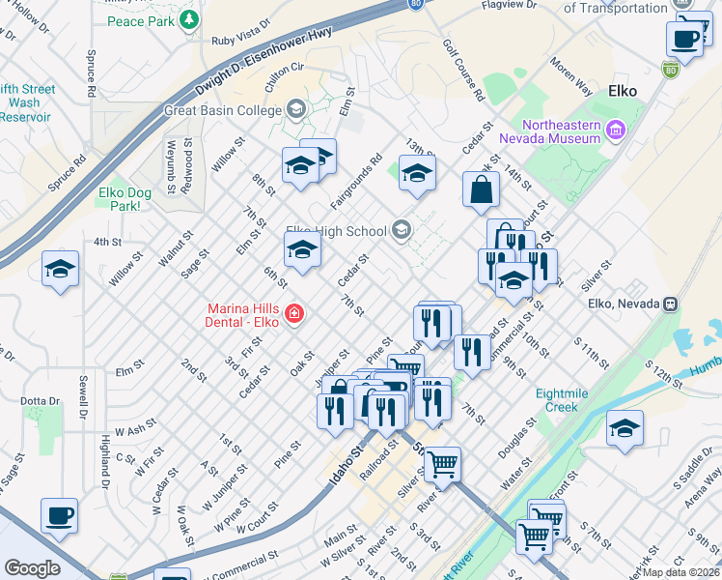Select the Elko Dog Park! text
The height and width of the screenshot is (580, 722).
[x=125, y=198]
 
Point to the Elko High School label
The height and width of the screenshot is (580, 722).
[x=336, y=231]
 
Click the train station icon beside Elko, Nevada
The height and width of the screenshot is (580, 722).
[x=670, y=303]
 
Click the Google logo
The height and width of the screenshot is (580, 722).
[x=32, y=568]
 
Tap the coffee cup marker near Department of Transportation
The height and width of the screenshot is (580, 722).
[x=684, y=40]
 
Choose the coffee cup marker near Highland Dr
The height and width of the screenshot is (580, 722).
[x=59, y=515]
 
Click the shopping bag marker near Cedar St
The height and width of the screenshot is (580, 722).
[x=481, y=190]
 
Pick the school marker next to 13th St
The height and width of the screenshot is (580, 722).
[x=417, y=174]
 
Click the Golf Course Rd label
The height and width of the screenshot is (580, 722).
[x=464, y=71]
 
